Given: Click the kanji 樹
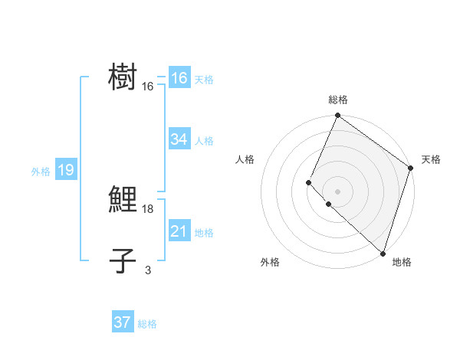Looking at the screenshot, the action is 123,77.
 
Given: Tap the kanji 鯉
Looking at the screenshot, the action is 123,199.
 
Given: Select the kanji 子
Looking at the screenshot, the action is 123,261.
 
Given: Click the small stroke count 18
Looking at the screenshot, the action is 148,209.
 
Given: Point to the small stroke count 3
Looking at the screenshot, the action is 147,270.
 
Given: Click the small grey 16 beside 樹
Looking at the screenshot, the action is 148,87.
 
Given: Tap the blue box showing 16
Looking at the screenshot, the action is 179,78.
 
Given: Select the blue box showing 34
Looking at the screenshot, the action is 179,139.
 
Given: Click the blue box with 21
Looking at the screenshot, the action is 179,231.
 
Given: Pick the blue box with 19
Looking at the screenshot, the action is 65,170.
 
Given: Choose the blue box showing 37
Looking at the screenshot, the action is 123,322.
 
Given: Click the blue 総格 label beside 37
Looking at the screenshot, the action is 147,324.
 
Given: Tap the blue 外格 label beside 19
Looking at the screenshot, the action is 41,172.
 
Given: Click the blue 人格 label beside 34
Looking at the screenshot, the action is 204,141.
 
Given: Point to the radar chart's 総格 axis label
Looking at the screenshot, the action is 337,100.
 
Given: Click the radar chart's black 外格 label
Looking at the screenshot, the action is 270,262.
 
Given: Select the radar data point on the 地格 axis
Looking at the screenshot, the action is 383,254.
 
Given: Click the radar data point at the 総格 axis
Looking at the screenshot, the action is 337,116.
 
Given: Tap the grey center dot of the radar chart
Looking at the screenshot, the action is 337,191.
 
